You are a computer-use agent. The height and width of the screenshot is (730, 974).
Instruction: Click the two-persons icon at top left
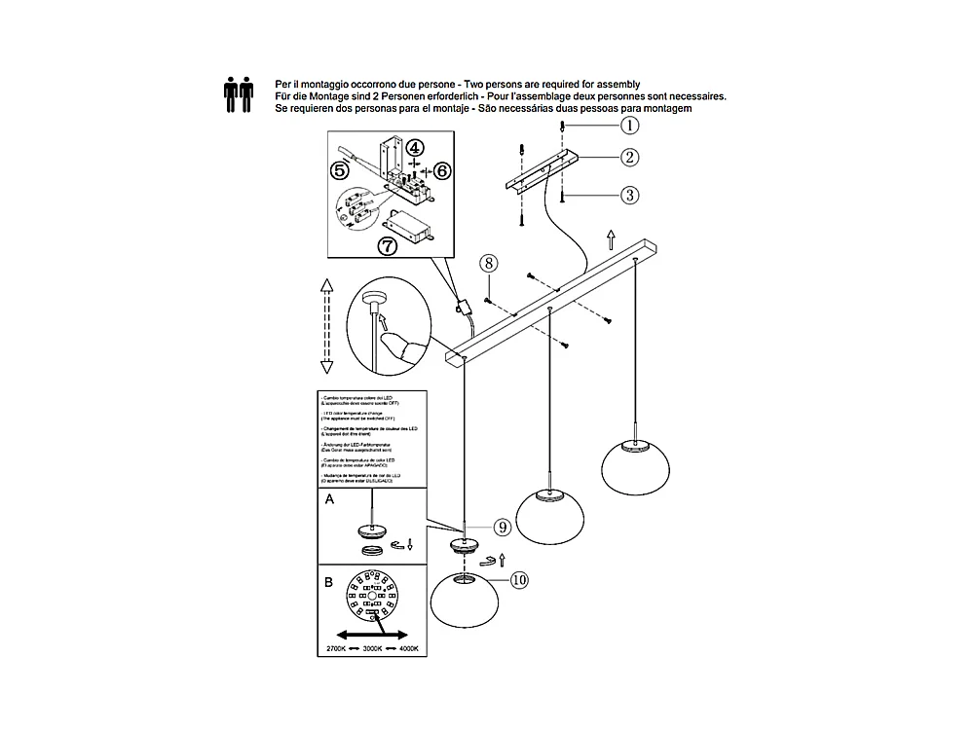point(239,95)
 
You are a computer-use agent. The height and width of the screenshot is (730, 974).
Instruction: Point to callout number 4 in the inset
point(415,148)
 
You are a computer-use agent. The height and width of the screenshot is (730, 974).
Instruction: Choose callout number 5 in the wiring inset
point(340,169)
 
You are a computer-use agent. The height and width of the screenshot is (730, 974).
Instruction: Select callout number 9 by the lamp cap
point(502,527)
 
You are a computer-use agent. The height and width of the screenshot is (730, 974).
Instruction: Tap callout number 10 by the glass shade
point(519,579)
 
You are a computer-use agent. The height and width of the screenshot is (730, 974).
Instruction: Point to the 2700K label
point(335,648)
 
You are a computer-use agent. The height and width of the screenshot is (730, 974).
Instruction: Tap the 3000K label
point(372,648)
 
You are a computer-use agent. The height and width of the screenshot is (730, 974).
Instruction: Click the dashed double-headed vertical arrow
point(327,325)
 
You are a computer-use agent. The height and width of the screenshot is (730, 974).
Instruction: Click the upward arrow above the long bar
point(610,239)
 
